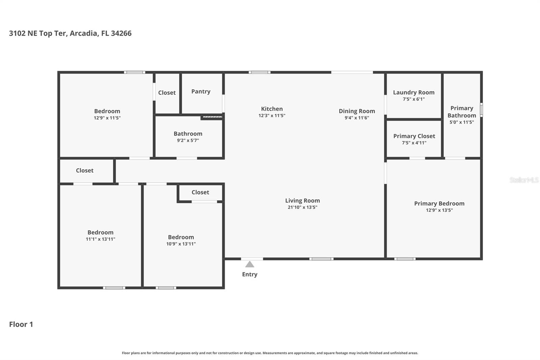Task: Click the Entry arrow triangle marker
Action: [249, 264]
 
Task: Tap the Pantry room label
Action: [201, 92]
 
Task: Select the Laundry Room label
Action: [413, 92]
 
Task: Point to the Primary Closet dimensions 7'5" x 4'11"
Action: [414, 143]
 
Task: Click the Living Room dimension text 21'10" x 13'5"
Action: [302, 207]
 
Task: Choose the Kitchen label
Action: [272, 109]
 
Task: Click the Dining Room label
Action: [357, 111]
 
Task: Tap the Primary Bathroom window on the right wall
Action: [481, 110]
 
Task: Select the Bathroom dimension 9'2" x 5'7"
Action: [188, 140]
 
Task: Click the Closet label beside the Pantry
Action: [167, 93]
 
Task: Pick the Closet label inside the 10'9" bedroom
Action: [200, 192]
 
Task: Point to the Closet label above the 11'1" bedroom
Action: [84, 171]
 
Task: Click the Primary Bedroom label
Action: [439, 203]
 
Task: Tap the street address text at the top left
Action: [70, 33]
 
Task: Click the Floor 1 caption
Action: [21, 324]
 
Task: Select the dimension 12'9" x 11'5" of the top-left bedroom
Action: [107, 118]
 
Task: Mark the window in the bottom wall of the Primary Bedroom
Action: [405, 259]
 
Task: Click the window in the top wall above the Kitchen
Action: [259, 72]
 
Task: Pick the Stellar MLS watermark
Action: [524, 180]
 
